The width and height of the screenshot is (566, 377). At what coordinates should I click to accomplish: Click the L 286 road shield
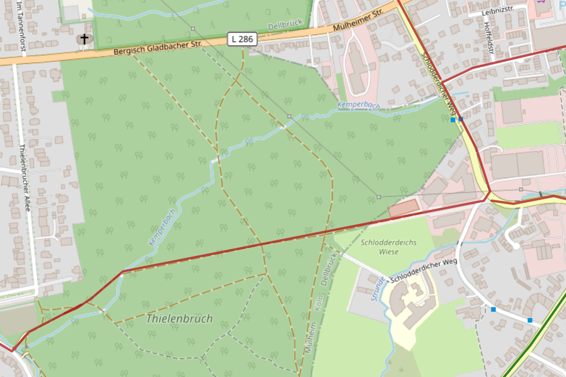[x=242, y=38]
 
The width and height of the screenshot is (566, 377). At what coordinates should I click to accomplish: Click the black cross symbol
[x=83, y=39]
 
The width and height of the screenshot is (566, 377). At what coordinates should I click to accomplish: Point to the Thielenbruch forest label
[x=179, y=318]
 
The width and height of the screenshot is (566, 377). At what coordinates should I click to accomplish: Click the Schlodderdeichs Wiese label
[x=389, y=247]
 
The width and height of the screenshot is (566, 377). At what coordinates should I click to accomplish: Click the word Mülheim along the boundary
[x=310, y=338]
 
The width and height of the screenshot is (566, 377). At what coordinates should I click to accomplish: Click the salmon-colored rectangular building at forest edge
[x=403, y=208]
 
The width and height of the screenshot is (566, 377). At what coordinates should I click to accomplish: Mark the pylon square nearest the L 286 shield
[x=193, y=28]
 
